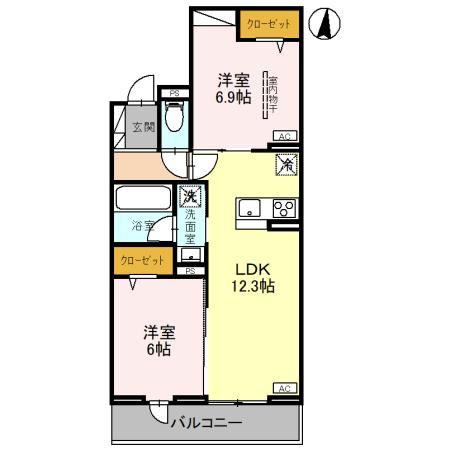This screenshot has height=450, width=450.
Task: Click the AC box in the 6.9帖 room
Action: (282, 136)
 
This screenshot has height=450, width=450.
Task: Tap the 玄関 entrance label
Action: (142, 127)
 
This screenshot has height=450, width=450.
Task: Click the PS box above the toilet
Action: (175, 95)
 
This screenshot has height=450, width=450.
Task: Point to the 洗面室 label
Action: (190, 228)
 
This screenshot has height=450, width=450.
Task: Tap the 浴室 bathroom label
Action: (144, 226)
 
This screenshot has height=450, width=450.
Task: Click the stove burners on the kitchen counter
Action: (284, 208)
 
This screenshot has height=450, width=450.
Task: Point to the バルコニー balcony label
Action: (205, 424)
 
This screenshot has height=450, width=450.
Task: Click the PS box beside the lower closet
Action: (190, 270)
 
